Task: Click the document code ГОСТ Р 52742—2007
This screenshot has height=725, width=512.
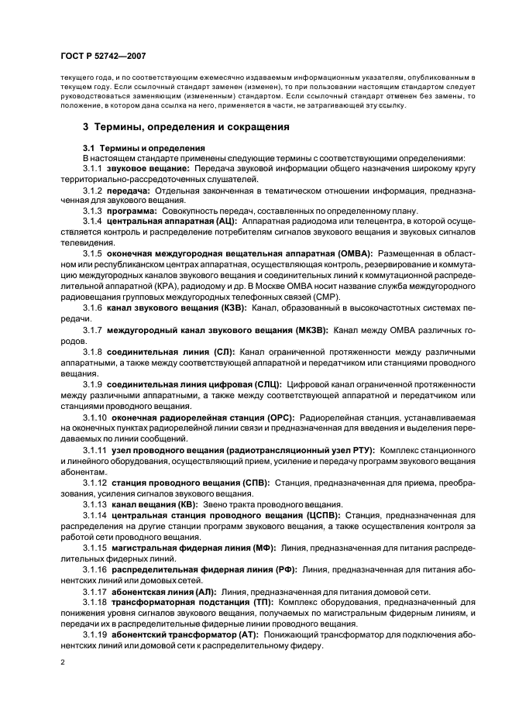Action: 105,57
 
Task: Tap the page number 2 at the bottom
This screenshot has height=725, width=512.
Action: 64,662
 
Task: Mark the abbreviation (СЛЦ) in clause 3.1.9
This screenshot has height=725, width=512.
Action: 265,384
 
